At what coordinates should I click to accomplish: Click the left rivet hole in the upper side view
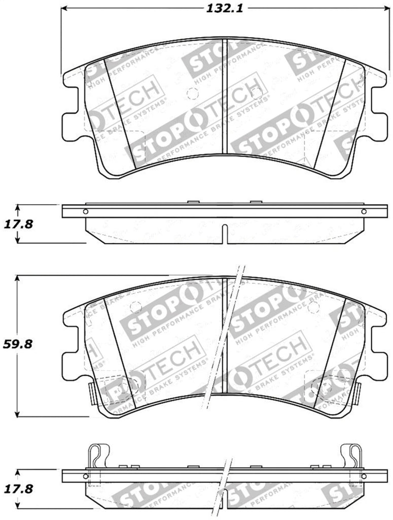(85, 212)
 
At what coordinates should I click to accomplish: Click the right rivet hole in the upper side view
(363, 212)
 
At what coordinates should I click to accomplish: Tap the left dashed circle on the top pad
(191, 94)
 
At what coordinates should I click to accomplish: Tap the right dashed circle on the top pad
(257, 93)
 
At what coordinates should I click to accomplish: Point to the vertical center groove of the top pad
(224, 96)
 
